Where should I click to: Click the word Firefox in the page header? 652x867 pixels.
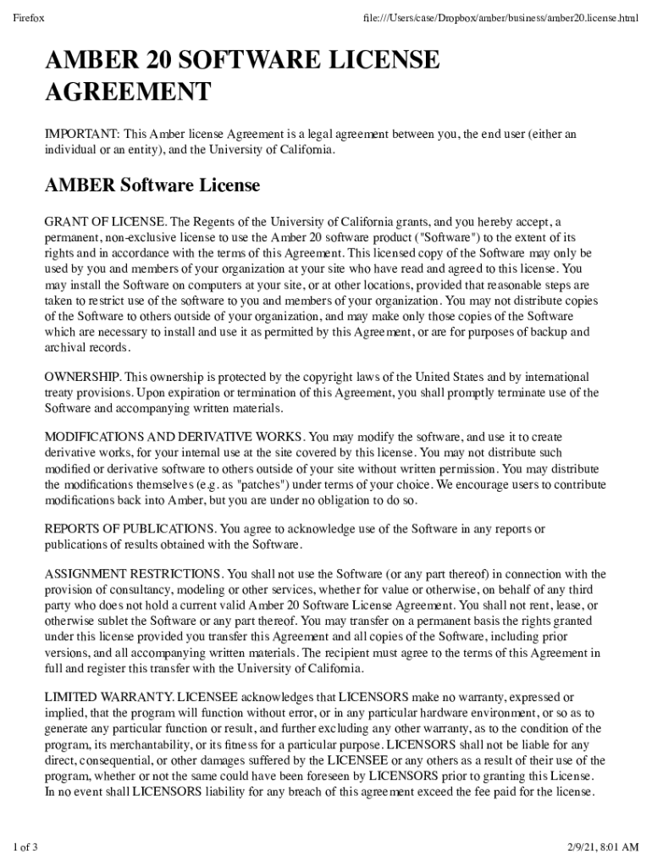pos(29,18)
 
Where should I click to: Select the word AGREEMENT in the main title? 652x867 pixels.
pos(127,91)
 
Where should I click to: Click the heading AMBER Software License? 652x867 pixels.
pos(152,185)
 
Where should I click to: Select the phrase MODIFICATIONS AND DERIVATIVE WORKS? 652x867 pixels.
pos(174,437)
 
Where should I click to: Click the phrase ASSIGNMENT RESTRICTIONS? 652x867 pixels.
pos(134,574)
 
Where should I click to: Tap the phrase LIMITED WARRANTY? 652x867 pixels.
pos(108,697)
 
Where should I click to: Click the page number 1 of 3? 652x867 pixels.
pos(25,848)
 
